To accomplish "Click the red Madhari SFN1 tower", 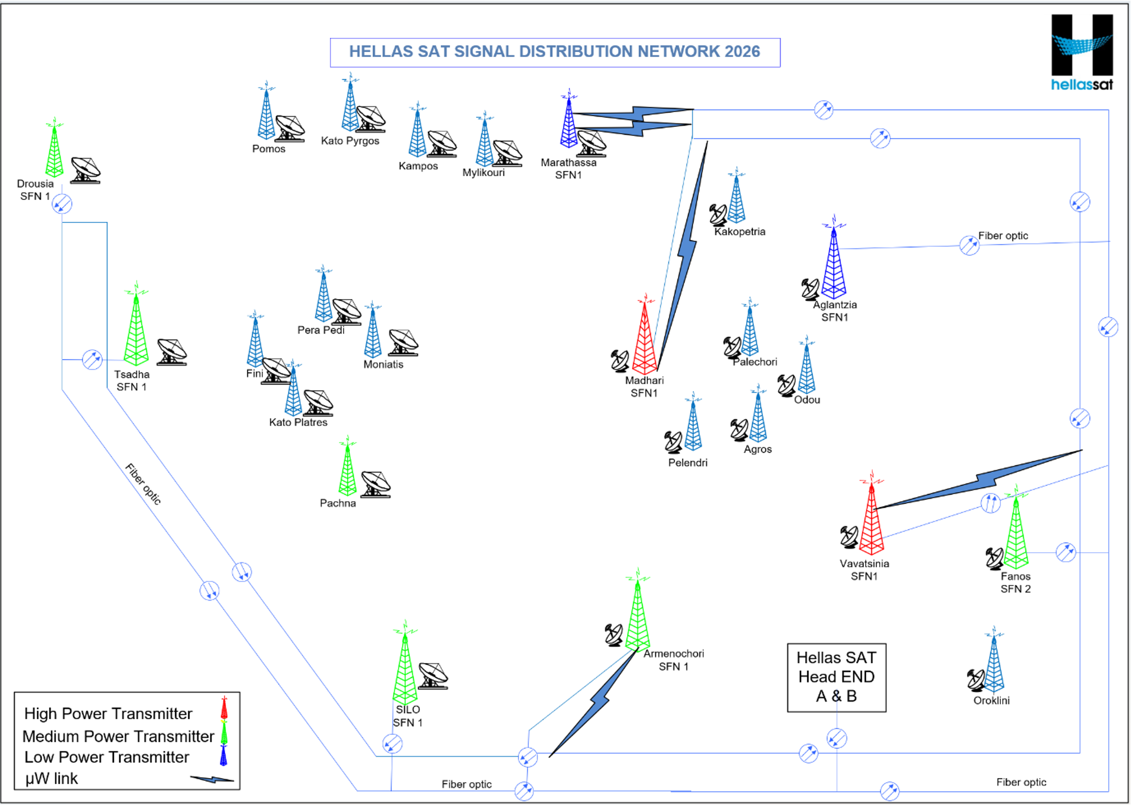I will click(x=645, y=339).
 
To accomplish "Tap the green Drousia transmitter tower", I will click(x=54, y=152).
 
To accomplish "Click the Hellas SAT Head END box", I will click(x=836, y=677).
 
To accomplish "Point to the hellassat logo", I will click(x=1082, y=52).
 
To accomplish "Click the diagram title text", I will click(x=554, y=52).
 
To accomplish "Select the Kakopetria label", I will click(x=739, y=231).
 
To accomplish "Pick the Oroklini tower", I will click(x=993, y=663).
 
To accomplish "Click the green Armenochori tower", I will click(x=638, y=616).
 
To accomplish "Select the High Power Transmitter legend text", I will click(x=108, y=714).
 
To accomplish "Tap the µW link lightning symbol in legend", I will click(x=212, y=779).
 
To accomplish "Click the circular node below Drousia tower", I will click(x=62, y=203).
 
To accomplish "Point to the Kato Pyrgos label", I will click(x=350, y=141).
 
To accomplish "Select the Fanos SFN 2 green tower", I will click(x=1015, y=534).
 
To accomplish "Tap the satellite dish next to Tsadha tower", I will click(x=171, y=352).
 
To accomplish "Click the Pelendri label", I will click(x=687, y=462).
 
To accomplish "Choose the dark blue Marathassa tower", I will click(x=568, y=125).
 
